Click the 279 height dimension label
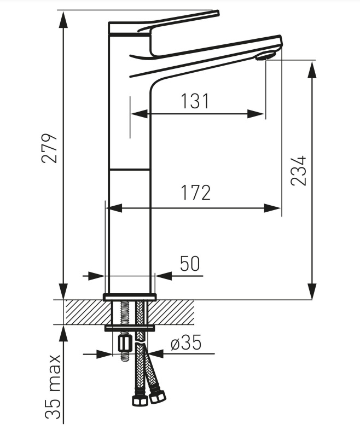point(50,148)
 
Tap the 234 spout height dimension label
point(298,171)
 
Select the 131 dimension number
point(195,101)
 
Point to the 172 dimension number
point(196,193)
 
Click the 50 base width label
point(190,264)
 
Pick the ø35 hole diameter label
point(186,342)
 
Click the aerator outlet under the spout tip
point(265,56)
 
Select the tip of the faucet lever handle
point(217,13)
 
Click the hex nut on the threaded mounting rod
point(125,344)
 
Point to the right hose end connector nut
point(158,396)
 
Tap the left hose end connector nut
point(140,399)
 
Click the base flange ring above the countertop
point(130,297)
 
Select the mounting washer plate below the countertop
point(130,328)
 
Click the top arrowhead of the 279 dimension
point(63,19)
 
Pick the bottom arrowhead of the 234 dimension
point(312,291)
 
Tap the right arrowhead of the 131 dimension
point(256,114)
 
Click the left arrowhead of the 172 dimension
point(114,208)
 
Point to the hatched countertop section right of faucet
point(171,312)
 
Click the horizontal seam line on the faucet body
point(130,170)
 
